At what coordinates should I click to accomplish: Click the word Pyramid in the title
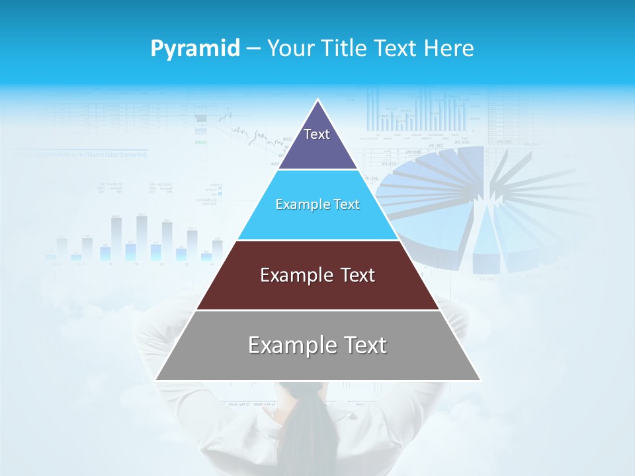point(194,49)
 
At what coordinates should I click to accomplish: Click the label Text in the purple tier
point(317,134)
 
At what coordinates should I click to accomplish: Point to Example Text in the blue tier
point(317,204)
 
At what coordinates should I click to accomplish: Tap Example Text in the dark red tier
point(317,275)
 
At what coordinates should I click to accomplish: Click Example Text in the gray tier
point(317,345)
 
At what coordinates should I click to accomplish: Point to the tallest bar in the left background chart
point(142,237)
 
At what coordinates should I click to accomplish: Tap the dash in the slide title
point(253,49)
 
